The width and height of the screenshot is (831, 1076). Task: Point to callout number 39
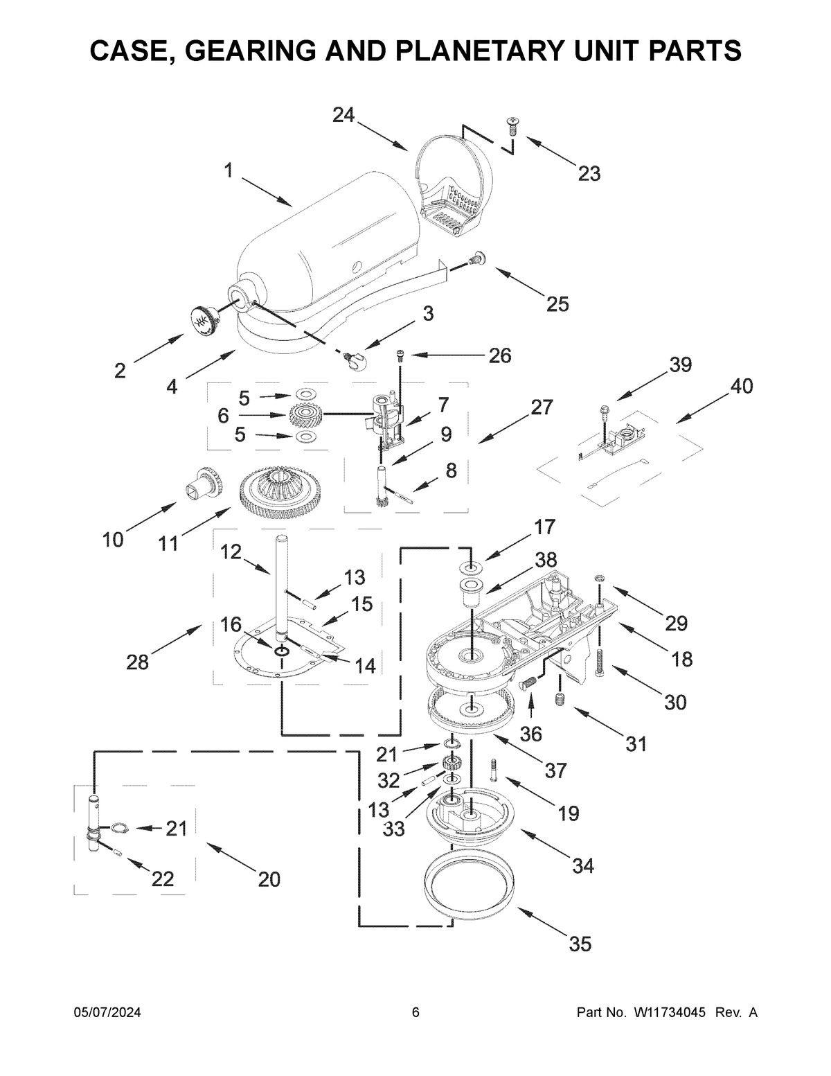coord(680,365)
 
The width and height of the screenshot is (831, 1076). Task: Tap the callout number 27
coord(542,408)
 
